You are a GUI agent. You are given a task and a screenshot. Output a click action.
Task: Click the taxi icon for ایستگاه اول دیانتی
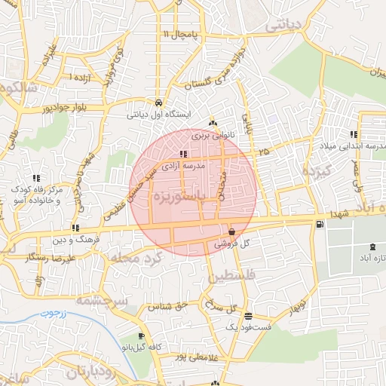(x=158, y=103)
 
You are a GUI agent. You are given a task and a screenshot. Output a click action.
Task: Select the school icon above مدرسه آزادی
(x=185, y=154)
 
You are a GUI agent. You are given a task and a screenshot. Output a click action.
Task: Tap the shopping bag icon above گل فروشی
(x=231, y=231)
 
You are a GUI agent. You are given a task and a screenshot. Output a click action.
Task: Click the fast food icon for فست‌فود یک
(x=249, y=317)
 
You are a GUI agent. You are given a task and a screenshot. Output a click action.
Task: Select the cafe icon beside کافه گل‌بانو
(x=141, y=336)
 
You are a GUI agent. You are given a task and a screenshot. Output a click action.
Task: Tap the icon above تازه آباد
(x=371, y=247)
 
